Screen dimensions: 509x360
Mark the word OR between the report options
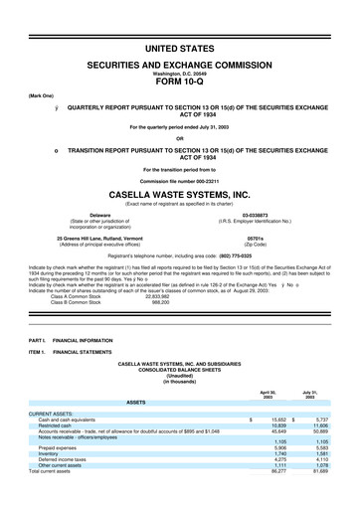coord(179,138)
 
